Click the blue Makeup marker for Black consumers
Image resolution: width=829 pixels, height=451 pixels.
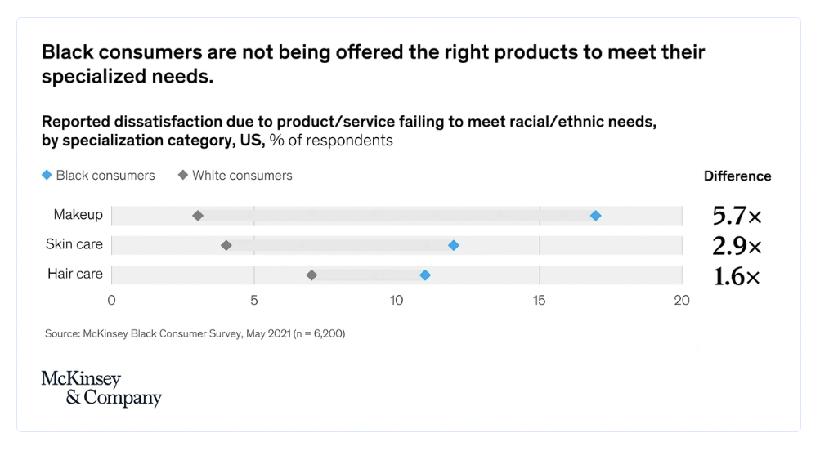[x=595, y=216]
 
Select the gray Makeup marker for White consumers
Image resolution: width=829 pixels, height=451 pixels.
[x=198, y=216]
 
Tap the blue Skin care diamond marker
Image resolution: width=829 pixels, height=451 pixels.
[x=454, y=245]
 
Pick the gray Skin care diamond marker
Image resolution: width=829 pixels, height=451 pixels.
[x=226, y=245]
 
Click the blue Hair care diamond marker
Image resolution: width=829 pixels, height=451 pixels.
[x=425, y=275]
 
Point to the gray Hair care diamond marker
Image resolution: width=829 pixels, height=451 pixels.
[x=311, y=275]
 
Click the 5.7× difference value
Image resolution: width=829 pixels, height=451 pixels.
[x=737, y=217]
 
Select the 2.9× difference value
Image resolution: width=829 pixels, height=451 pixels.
[x=737, y=246]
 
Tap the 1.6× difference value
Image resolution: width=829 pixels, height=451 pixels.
[x=737, y=276]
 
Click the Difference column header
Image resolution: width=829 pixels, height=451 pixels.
[x=737, y=176]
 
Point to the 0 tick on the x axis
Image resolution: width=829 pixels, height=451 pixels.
[x=112, y=301]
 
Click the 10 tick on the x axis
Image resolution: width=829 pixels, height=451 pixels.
[x=397, y=301]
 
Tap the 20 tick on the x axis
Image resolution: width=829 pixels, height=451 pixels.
[x=682, y=301]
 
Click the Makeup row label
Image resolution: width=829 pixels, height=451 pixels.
[x=78, y=215]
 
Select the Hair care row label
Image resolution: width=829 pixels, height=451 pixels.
[x=75, y=274]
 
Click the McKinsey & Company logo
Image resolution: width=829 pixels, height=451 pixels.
[x=101, y=389]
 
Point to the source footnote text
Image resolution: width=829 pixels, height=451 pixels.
[x=195, y=333]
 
